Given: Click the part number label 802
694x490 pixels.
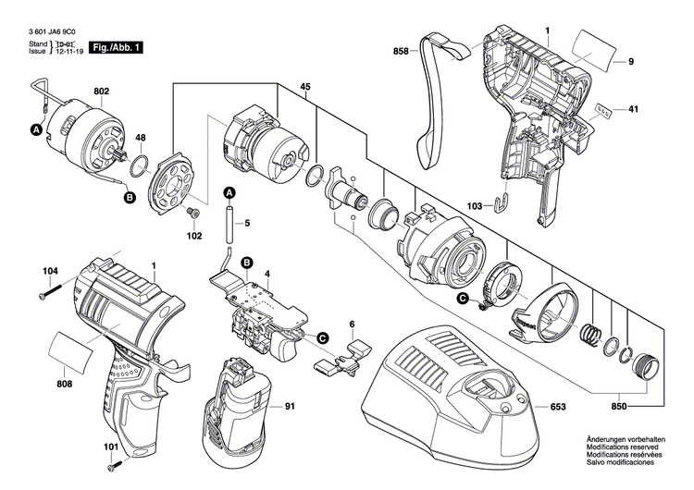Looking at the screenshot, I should pyautogui.click(x=101, y=92).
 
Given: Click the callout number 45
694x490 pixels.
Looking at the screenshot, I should pyautogui.click(x=304, y=88).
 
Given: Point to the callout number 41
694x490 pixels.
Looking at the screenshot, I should pyautogui.click(x=633, y=110).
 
